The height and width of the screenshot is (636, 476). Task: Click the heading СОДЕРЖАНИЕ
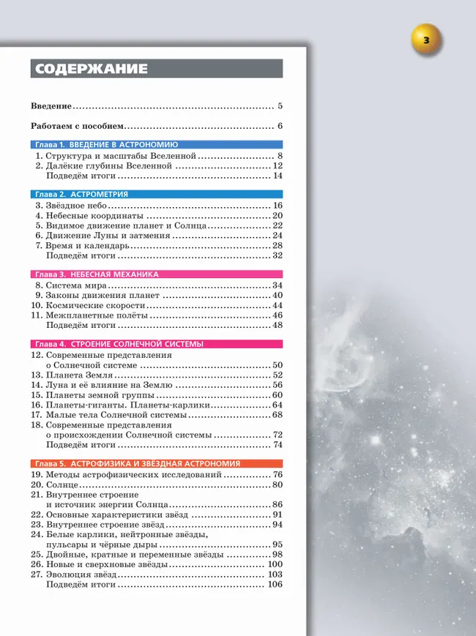89,70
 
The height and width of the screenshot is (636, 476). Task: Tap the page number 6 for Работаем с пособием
280,126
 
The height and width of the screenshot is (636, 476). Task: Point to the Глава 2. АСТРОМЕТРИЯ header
81,195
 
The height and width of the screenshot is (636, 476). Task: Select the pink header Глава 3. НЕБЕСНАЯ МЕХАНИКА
97,274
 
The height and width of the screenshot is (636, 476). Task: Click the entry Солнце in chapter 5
62,485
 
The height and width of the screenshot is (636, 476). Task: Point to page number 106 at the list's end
275,585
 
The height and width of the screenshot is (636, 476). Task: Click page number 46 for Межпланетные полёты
277,315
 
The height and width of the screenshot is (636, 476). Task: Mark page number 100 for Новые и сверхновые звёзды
275,565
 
